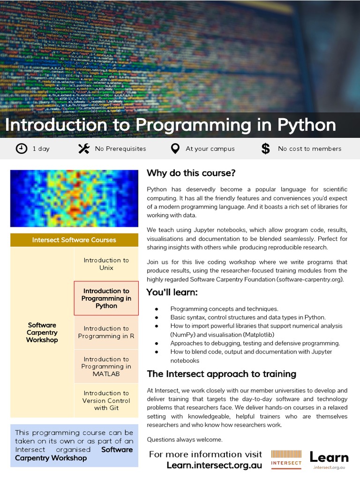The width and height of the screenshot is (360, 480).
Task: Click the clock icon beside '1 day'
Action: (22, 149)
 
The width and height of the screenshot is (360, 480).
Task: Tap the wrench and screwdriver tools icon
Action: (83, 149)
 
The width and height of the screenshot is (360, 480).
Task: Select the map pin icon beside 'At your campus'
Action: (175, 149)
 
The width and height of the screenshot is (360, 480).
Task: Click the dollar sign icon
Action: (265, 149)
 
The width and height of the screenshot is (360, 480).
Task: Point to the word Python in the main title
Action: (307, 125)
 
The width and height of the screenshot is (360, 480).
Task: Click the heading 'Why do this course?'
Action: (191, 173)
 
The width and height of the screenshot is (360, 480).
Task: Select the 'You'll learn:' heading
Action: (172, 292)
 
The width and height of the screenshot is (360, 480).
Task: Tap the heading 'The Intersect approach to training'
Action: (221, 374)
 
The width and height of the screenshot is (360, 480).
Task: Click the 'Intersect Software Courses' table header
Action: (74, 240)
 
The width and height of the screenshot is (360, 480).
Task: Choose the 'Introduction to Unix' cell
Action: (106, 264)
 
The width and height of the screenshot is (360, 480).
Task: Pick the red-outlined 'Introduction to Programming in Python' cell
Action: (106, 298)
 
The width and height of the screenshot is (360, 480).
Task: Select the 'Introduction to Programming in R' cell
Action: (106, 332)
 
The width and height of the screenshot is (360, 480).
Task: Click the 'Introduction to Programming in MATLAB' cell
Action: (106, 367)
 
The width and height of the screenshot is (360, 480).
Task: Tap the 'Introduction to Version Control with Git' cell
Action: (106, 400)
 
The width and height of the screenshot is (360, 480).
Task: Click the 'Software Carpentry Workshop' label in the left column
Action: (42, 332)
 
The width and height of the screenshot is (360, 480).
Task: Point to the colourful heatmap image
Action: (74, 198)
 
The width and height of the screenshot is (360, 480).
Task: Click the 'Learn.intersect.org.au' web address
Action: (214, 465)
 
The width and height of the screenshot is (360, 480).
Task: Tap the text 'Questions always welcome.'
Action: (184, 439)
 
